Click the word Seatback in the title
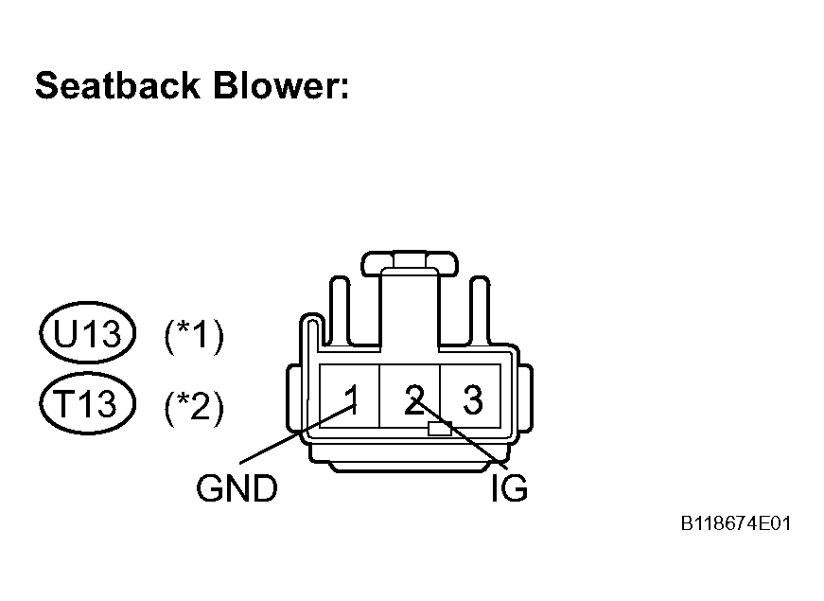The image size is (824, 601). (117, 85)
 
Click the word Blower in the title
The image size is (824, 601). (281, 85)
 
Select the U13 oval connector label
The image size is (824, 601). (88, 333)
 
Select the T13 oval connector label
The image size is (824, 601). (88, 403)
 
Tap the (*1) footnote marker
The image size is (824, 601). (194, 336)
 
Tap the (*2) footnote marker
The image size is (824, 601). (194, 406)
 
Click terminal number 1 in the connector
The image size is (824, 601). (352, 399)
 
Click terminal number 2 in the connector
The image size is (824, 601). (414, 399)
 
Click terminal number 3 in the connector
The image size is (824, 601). (473, 399)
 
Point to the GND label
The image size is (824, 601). (237, 488)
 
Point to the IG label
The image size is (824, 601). (509, 488)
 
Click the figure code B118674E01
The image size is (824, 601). (736, 523)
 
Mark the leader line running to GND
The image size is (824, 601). (298, 433)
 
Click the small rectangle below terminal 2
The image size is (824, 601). (440, 429)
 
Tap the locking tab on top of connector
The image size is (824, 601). (410, 263)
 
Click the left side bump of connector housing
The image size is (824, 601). (293, 398)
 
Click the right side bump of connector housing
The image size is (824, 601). (525, 398)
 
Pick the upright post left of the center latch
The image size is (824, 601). (340, 310)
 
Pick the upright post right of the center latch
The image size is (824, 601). (480, 310)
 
